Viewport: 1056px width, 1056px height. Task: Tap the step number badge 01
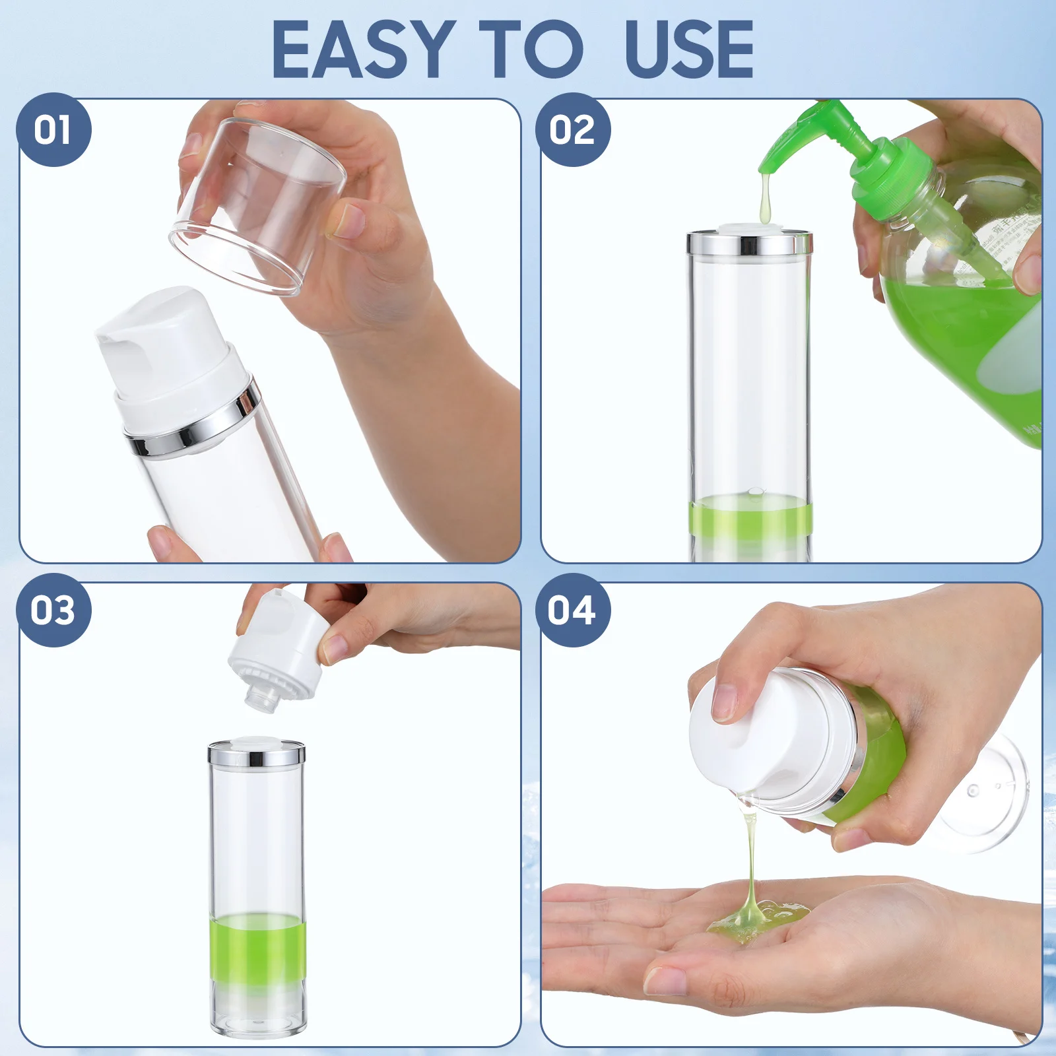(x=53, y=129)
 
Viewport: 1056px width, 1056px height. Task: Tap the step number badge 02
(x=573, y=129)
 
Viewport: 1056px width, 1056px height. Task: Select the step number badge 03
(x=53, y=610)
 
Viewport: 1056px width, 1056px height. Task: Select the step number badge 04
(x=572, y=610)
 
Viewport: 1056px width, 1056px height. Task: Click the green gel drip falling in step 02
(x=765, y=198)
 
